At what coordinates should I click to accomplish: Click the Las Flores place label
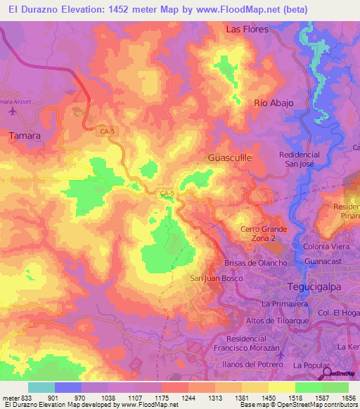(247, 30)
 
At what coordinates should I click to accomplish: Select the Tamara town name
(24, 134)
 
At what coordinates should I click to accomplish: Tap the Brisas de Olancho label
(245, 263)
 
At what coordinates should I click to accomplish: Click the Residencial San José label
(300, 159)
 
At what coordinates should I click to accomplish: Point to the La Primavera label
(285, 304)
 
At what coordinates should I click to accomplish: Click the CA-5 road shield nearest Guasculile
(167, 193)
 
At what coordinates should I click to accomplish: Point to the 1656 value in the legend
(349, 398)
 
